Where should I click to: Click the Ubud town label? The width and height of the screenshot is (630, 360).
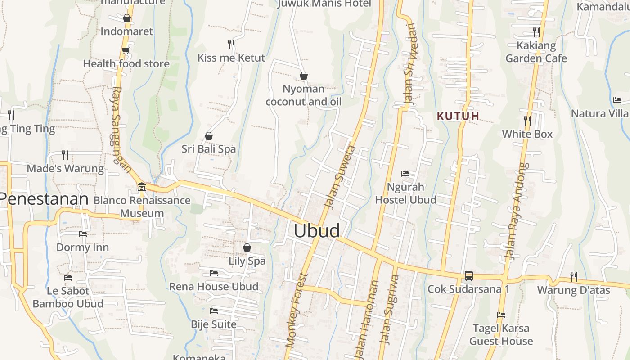click(317, 230)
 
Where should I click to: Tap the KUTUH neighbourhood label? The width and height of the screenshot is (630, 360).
click(458, 116)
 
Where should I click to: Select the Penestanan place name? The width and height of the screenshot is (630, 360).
click(44, 199)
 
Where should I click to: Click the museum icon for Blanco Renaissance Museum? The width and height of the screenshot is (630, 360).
click(142, 187)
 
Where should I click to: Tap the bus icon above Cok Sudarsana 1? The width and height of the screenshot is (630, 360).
click(468, 275)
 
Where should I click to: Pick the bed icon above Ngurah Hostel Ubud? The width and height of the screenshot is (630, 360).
click(405, 174)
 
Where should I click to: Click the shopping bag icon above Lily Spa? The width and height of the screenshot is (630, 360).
click(247, 247)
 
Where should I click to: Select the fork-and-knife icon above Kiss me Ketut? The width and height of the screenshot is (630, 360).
click(231, 44)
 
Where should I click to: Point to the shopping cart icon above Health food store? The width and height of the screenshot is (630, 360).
click(126, 50)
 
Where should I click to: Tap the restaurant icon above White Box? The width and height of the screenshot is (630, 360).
click(527, 121)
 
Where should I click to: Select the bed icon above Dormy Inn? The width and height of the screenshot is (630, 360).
click(83, 234)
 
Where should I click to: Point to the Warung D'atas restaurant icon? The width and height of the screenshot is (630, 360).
click(573, 276)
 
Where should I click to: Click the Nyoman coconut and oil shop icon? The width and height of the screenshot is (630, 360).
click(304, 76)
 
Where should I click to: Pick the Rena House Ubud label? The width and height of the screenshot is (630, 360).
click(214, 287)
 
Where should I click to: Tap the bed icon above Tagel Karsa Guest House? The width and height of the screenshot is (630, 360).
click(501, 315)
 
